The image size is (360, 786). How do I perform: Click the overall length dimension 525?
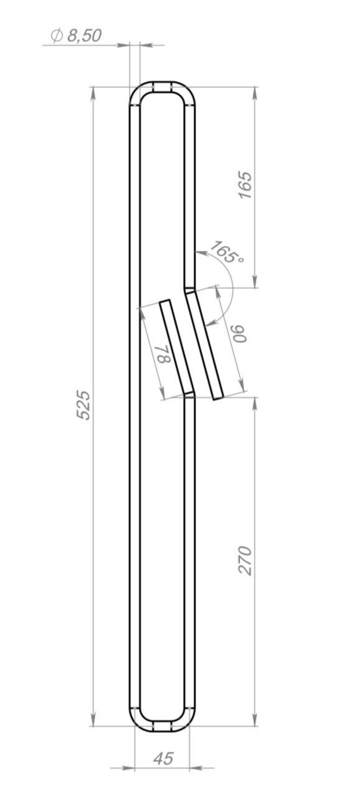[x=83, y=405]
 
